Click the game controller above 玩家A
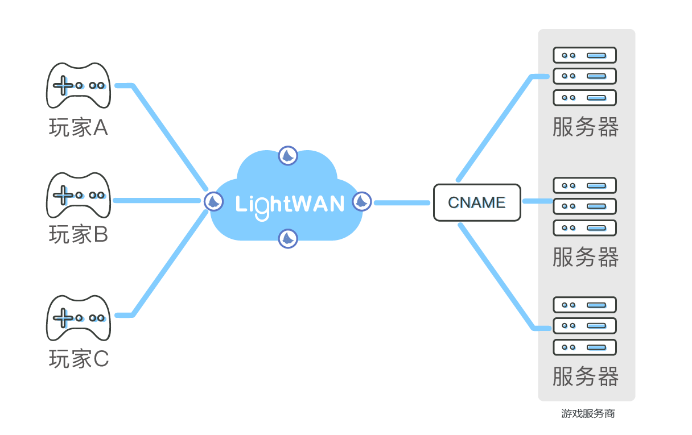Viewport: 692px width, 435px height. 78,85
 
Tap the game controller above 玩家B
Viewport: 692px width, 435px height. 78,195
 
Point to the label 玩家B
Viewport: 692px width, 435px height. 78,234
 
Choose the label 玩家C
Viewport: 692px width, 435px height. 79,359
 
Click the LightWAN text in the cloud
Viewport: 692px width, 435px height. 290,204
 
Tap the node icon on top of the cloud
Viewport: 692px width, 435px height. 288,155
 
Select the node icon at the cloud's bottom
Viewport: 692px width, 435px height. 288,238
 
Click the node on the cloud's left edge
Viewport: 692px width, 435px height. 213,201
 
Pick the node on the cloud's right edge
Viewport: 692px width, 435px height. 361,201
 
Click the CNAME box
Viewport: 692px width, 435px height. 477,202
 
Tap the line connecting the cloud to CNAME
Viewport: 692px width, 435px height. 401,202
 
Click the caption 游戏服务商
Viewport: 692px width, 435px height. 588,414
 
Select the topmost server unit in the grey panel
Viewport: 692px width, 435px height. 585,55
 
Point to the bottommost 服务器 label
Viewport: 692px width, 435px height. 586,377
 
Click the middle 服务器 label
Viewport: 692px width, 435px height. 586,258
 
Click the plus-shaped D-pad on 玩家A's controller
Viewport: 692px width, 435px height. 63,86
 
